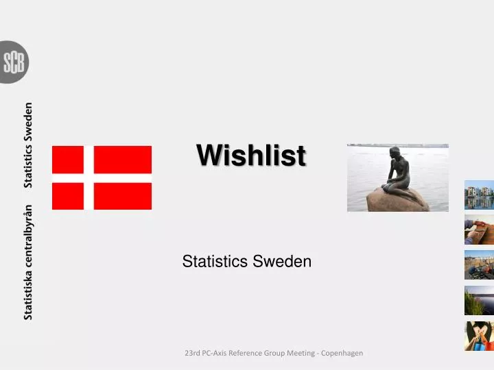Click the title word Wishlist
251,156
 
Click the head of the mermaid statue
395,152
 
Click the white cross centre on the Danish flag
89,177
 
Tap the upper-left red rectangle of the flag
67,159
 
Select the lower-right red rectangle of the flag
122,196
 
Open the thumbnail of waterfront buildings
479,195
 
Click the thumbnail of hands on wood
479,230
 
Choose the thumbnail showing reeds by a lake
479,300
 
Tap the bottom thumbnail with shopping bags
479,336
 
